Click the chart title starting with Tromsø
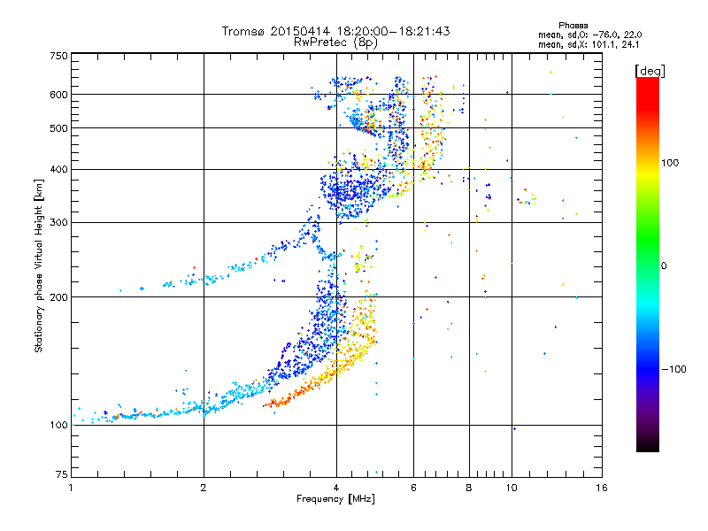[x=336, y=31]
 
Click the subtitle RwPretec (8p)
[x=336, y=42]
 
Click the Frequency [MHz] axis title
[x=335, y=499]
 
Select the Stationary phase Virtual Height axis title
[x=39, y=265]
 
